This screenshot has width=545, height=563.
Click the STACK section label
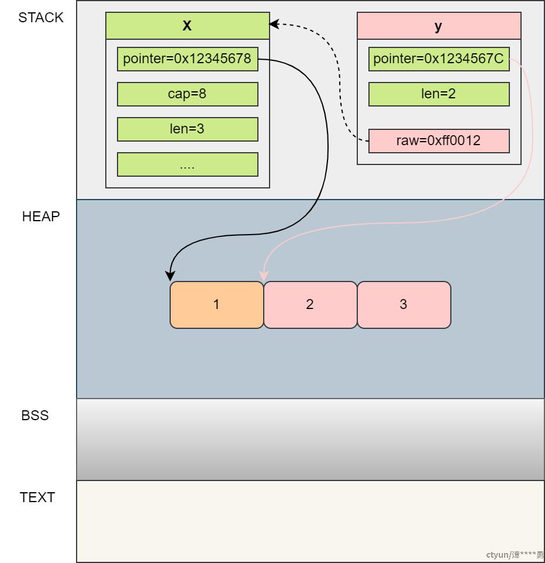[x=41, y=18]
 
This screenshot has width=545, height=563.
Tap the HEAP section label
[x=41, y=217]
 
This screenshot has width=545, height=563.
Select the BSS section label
[x=35, y=416]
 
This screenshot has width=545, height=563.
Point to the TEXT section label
[x=37, y=497]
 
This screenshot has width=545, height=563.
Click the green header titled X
[x=187, y=26]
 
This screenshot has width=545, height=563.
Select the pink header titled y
[x=439, y=26]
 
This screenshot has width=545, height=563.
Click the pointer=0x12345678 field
[x=187, y=59]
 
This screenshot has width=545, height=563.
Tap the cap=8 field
[x=187, y=94]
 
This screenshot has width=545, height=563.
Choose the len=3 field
[x=187, y=129]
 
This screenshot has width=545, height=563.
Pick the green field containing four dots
[x=187, y=164]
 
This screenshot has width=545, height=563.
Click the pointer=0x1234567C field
[x=439, y=59]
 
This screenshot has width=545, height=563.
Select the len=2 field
[x=439, y=94]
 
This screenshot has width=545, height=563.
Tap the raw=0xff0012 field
[x=439, y=141]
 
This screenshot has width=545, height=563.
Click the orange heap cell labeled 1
[x=216, y=305]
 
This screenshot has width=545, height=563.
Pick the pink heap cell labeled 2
[x=310, y=305]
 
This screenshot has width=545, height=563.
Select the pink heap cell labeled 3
[x=403, y=305]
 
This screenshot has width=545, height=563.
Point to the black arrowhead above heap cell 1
[x=171, y=276]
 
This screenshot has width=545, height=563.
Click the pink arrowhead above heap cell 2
[x=264, y=275]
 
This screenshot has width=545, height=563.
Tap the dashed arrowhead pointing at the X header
[x=274, y=24]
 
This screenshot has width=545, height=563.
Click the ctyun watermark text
[x=514, y=555]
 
